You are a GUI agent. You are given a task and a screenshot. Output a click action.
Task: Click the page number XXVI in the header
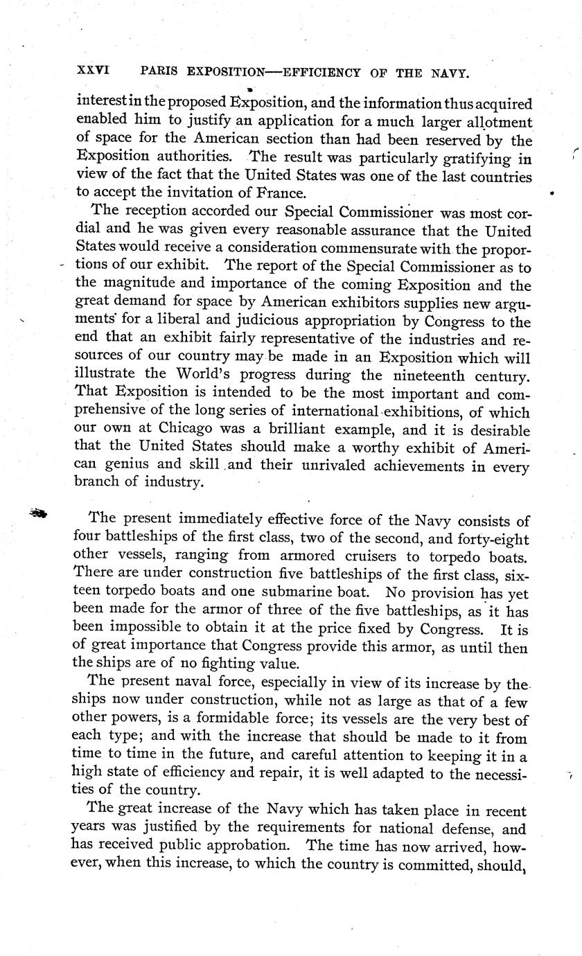(x=94, y=71)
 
